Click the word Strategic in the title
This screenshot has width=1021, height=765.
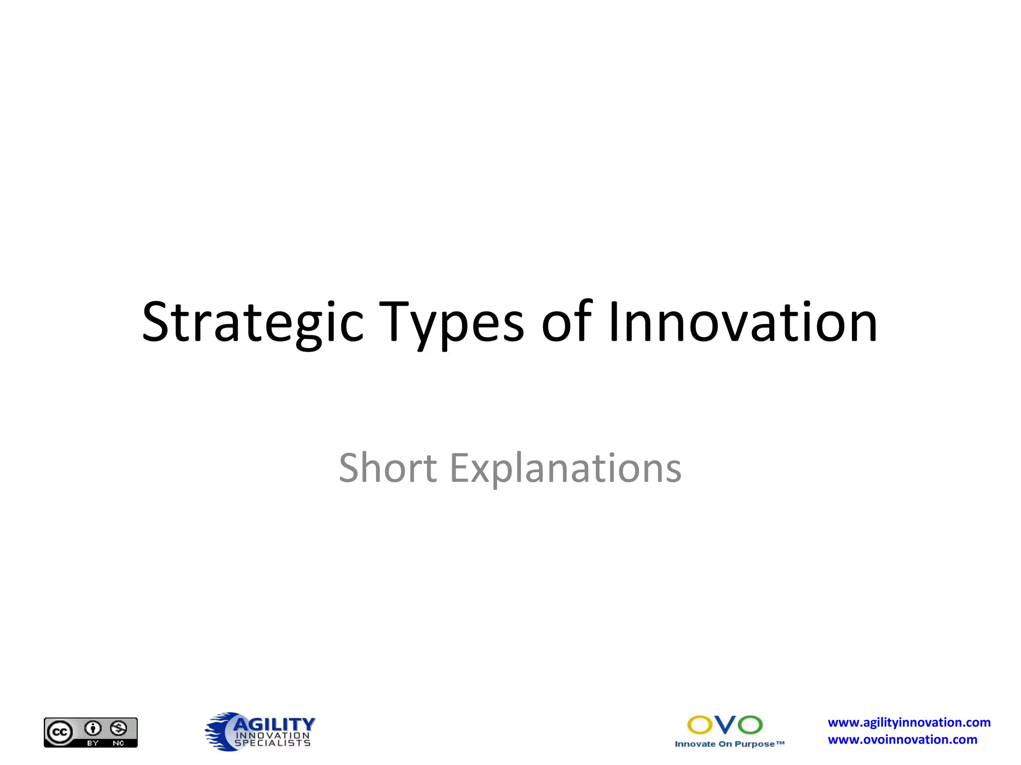tap(253, 323)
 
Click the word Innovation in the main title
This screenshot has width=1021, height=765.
tap(743, 323)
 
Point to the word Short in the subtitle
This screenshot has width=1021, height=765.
tap(388, 468)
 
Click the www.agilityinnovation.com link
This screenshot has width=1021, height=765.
tap(909, 723)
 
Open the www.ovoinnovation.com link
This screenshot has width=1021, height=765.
tap(902, 740)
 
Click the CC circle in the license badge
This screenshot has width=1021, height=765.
tap(60, 732)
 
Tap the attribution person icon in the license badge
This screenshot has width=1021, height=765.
tap(93, 729)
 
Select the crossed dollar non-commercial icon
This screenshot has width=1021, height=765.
tap(119, 729)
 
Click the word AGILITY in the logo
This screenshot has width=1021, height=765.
tap(274, 724)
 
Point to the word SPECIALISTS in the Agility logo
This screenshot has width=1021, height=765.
tap(273, 743)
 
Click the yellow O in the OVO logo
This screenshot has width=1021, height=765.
tap(700, 725)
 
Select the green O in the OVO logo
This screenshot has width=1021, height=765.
tap(750, 725)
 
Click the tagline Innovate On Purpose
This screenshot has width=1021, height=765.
tap(729, 744)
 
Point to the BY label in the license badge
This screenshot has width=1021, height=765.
tap(93, 743)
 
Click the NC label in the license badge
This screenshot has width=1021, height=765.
tap(119, 743)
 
